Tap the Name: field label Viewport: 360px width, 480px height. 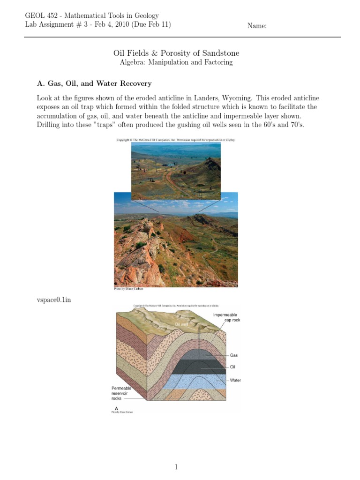(257, 26)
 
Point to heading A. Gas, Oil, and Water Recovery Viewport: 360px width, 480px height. (94, 83)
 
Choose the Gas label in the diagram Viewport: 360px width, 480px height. (234, 356)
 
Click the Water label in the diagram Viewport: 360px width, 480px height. (235, 380)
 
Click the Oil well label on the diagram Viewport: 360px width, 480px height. (181, 324)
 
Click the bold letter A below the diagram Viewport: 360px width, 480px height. (110, 408)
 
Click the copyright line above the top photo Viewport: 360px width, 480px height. (176, 140)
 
